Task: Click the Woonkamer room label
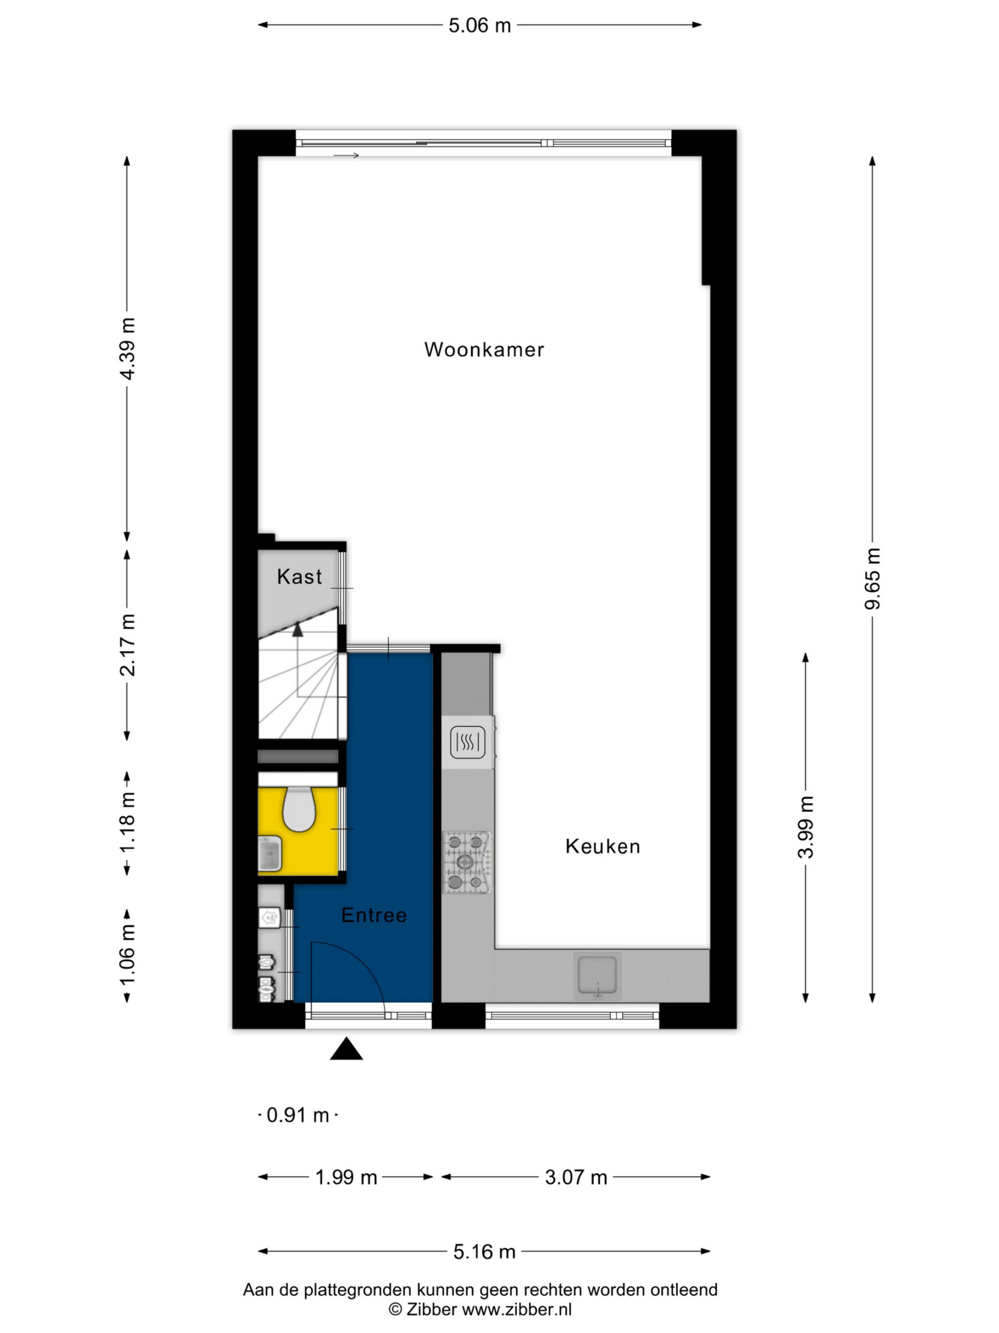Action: coord(484,349)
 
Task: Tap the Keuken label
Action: coord(602,847)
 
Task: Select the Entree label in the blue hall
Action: coord(374,915)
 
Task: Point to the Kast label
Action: coord(299,577)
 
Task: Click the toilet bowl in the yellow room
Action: coord(299,809)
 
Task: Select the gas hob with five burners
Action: coord(467,862)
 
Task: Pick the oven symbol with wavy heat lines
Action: coord(468,742)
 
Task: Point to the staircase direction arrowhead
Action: coord(298,629)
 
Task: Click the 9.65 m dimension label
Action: coord(873,579)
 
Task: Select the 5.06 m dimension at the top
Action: coord(480,26)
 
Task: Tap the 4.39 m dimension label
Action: coord(127,348)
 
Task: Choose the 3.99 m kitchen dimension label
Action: coord(805,827)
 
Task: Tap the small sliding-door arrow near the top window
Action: coord(346,156)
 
